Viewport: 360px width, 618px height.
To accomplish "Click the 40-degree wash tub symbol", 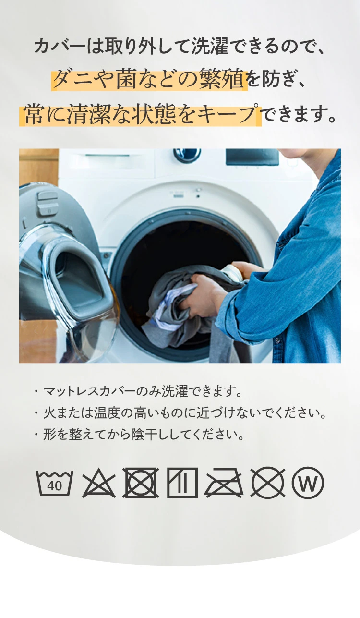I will [54, 483].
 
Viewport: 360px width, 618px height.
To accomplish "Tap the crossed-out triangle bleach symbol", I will [98, 483].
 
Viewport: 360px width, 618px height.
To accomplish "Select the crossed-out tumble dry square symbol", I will [141, 483].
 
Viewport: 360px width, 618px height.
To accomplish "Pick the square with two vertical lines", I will [182, 483].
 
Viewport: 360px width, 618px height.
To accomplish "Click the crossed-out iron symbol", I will [224, 483].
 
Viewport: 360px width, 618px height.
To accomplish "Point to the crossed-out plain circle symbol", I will [267, 483].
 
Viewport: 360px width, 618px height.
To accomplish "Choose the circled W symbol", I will [308, 483].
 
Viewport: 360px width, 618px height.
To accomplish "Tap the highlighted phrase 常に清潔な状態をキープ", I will [141, 115].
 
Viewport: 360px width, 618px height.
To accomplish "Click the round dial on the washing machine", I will [187, 154].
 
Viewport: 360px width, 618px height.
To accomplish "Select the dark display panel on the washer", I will [252, 157].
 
